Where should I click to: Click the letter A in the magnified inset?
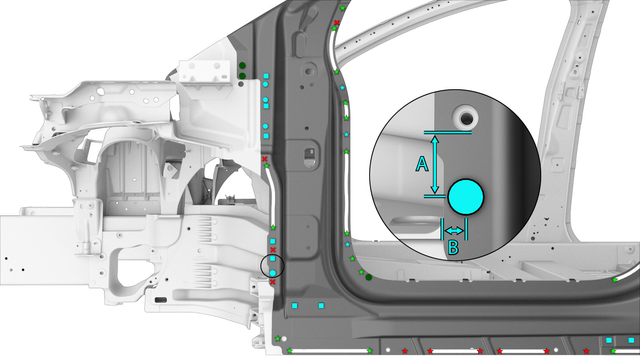coord(422,164)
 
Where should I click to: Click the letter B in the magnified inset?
coord(453,248)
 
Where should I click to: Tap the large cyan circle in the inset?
coord(466,197)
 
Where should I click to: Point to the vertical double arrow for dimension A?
coord(435,164)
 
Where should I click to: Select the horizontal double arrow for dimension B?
coord(454,230)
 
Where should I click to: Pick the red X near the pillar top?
coord(337,22)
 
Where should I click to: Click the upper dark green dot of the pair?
coord(242,66)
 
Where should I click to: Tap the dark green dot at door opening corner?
coord(369,277)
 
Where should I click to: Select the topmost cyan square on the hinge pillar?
coord(266,76)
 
